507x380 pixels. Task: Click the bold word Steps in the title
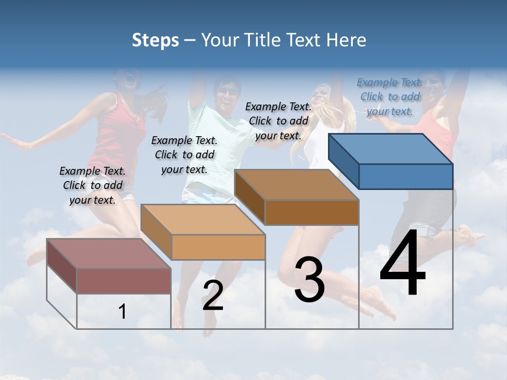click(155, 40)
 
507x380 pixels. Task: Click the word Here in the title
click(347, 40)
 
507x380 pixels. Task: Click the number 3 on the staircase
click(309, 280)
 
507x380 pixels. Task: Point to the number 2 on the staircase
click(213, 296)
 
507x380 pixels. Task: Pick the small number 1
click(123, 312)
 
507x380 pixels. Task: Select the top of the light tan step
click(203, 220)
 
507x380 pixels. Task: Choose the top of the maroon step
click(109, 254)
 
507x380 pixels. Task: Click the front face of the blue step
click(406, 176)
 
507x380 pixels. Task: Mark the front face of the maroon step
click(124, 281)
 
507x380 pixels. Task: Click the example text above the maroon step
click(92, 185)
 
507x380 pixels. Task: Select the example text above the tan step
click(184, 155)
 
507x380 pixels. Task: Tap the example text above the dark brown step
click(278, 121)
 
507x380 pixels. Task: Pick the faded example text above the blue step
click(390, 97)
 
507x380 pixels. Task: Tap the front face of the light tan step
click(218, 247)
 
